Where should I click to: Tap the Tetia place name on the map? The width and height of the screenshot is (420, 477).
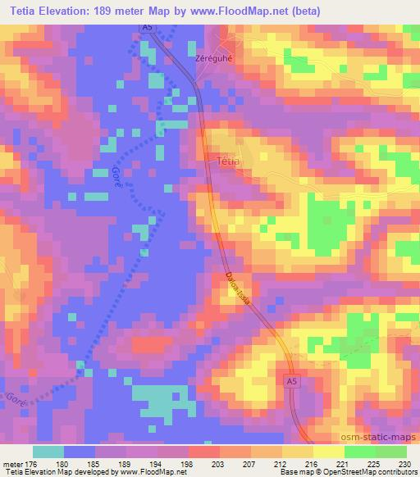(229, 161)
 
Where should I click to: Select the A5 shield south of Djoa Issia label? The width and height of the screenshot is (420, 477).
(294, 383)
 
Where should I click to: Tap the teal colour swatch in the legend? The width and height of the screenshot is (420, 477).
(48, 452)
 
